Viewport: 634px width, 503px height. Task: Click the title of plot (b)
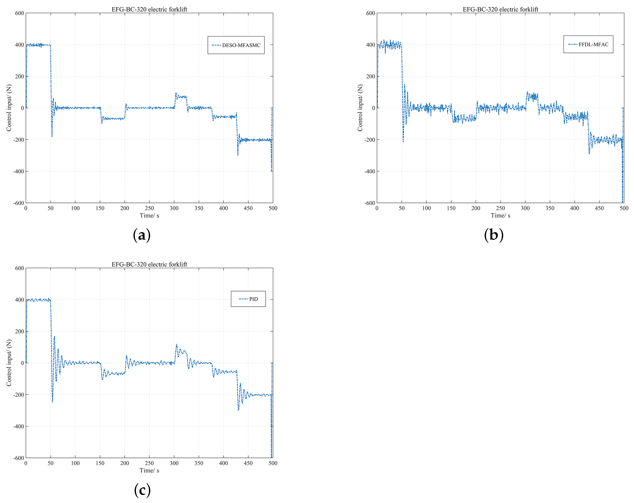coord(500,9)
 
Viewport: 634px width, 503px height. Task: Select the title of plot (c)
coord(149,264)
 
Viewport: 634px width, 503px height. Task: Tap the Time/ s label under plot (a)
coord(149,216)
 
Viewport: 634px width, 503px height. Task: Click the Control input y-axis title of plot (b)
coord(360,108)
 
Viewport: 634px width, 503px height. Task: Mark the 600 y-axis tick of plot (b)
coord(371,13)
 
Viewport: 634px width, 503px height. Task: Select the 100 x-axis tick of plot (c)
coord(75,463)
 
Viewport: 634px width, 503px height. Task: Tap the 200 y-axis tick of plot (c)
coord(19,331)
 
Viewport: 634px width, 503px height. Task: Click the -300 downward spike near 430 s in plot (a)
coord(238,155)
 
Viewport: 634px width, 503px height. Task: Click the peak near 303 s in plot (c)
coord(176,344)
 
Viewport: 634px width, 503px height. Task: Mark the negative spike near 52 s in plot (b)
coord(403,142)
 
